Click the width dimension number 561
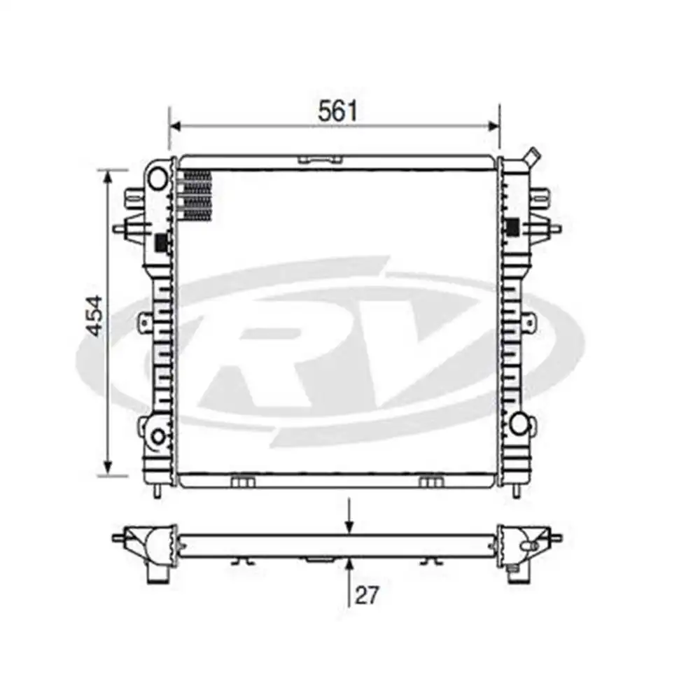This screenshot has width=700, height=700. click(x=337, y=111)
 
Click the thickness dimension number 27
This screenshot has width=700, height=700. click(x=366, y=596)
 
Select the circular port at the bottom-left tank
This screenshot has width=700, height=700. click(x=158, y=437)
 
